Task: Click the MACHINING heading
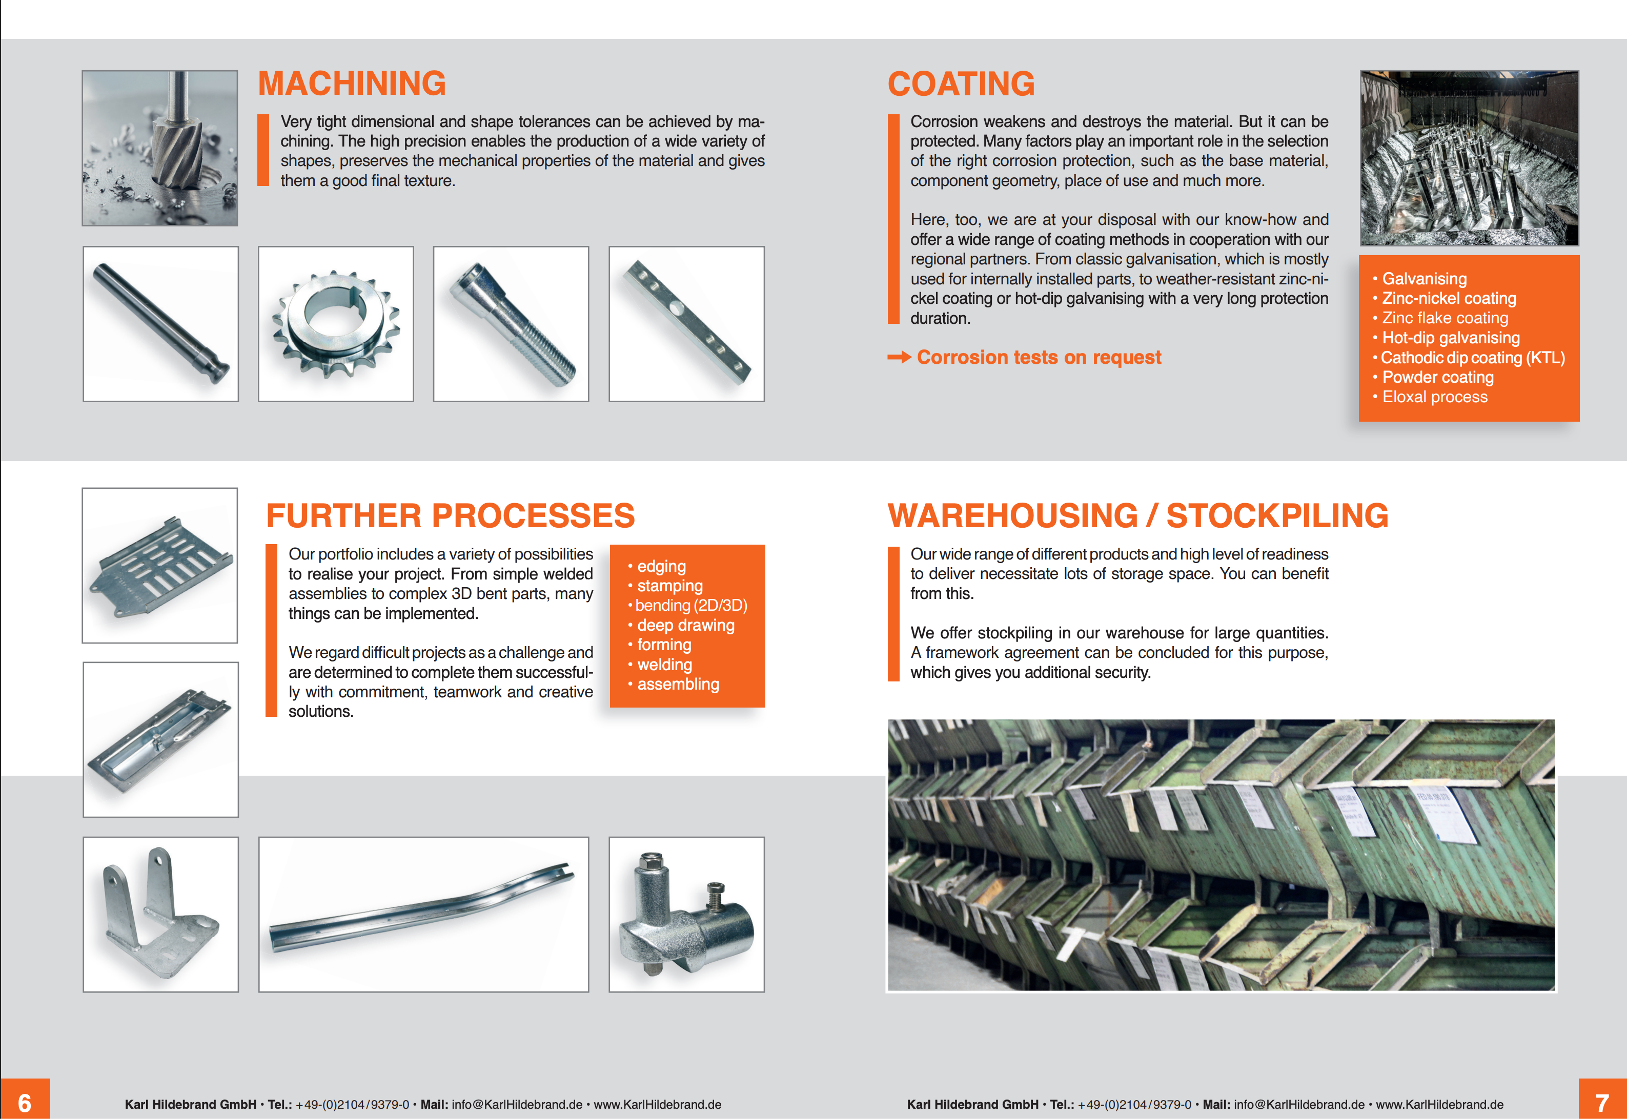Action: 352,84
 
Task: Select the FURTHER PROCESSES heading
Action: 450,516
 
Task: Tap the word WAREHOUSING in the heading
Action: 1013,516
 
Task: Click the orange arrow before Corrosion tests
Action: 899,358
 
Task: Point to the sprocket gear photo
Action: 336,324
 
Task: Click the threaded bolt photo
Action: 511,324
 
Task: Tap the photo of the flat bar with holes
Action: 686,324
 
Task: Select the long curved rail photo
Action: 423,914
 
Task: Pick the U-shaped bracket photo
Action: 160,914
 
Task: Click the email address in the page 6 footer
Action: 517,1104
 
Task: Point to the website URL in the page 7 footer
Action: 1440,1104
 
